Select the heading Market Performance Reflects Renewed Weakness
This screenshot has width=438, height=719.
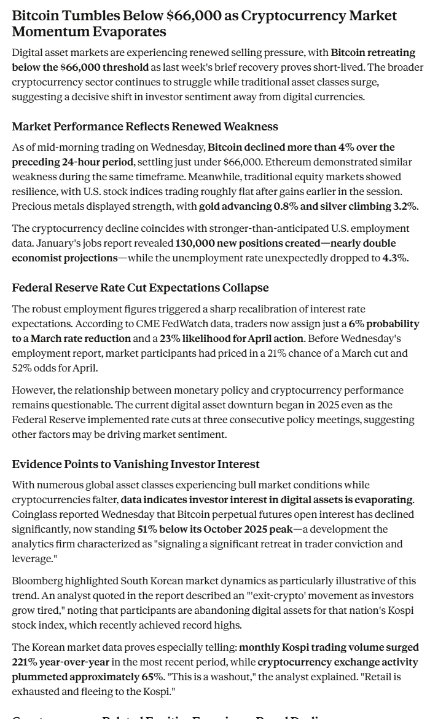point(145,127)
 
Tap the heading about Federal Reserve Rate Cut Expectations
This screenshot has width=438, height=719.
point(140,288)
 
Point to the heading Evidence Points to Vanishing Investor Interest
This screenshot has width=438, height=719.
point(136,464)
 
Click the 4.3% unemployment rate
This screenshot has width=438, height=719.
point(394,258)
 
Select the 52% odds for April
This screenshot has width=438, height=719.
point(22,368)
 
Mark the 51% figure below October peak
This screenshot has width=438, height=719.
point(147,529)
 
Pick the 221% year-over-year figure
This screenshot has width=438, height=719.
point(23,662)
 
